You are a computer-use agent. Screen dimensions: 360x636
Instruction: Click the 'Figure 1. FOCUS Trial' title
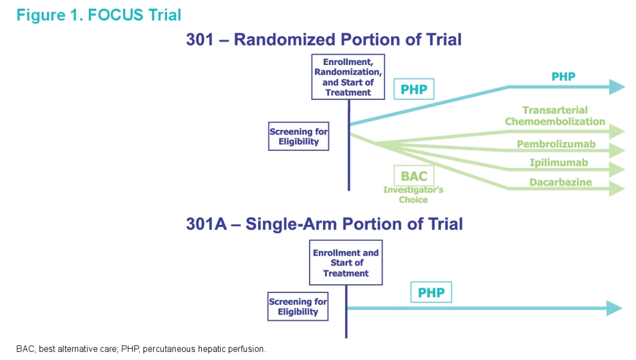(98, 14)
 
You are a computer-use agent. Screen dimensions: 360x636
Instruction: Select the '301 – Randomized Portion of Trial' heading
(324, 39)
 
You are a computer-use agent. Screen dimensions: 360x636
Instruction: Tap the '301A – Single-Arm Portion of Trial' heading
(324, 223)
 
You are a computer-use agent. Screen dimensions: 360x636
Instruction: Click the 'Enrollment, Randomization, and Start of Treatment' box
(348, 77)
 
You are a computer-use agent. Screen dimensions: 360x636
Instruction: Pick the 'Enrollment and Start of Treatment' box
(345, 262)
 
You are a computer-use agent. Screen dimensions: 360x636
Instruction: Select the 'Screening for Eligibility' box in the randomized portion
(298, 137)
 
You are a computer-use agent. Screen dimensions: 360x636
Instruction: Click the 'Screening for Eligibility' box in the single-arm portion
(298, 306)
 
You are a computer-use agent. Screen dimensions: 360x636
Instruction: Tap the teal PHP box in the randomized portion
(413, 89)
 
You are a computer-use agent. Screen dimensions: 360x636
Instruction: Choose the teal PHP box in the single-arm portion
(431, 292)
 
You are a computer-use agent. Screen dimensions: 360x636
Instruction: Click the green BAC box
(413, 176)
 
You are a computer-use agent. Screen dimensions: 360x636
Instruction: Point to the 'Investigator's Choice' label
(413, 195)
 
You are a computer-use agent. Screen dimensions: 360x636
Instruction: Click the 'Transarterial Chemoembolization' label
(554, 116)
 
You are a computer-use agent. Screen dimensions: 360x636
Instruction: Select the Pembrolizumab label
(556, 145)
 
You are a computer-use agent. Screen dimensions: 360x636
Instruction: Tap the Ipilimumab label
(556, 163)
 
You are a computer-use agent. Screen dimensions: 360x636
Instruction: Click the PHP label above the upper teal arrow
(563, 77)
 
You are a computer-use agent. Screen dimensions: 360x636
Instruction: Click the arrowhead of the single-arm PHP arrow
(614, 308)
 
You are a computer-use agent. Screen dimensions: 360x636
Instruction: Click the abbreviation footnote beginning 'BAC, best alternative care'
(141, 349)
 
